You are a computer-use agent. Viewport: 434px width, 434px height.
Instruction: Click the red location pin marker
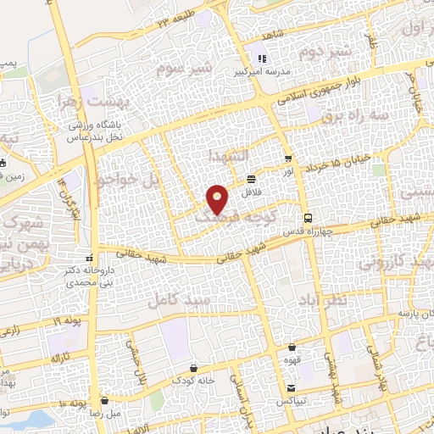218,200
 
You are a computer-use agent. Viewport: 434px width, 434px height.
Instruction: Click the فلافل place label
253,193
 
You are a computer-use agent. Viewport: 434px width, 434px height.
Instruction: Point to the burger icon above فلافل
252,179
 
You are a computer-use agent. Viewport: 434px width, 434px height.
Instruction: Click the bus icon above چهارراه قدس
309,216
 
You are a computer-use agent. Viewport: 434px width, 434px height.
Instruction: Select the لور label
289,172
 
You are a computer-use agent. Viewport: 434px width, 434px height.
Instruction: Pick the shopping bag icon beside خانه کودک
196,369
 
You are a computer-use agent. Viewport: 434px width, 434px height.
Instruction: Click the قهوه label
293,359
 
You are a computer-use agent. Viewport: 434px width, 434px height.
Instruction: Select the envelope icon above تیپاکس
292,387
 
